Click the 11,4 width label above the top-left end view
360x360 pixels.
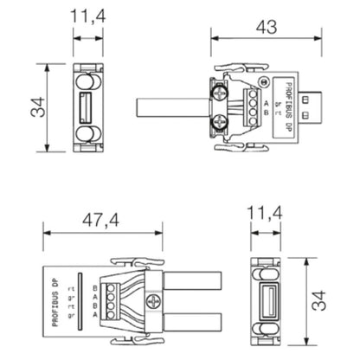[84, 16]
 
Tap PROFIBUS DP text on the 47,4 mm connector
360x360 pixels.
[54, 299]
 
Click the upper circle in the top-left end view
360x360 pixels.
[86, 82]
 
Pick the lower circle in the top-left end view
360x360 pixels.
[86, 138]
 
